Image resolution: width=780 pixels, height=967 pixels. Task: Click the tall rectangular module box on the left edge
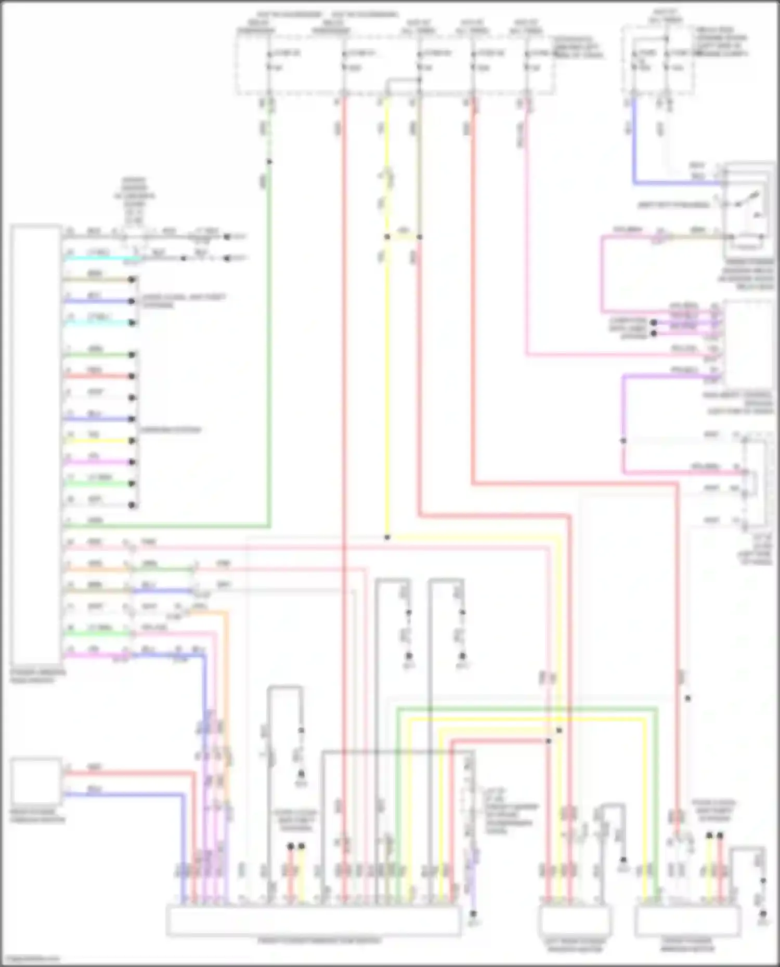35,447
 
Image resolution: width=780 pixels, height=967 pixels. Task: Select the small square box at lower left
36,781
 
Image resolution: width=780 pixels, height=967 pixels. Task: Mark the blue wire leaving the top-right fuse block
634,145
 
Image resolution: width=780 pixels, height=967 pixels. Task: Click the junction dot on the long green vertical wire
269,162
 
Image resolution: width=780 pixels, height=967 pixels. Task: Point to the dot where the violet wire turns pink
623,441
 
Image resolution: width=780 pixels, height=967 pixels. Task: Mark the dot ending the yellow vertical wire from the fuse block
387,537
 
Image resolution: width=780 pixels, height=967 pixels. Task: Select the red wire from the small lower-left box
130,773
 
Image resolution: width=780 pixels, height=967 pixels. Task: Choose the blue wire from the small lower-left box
125,794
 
